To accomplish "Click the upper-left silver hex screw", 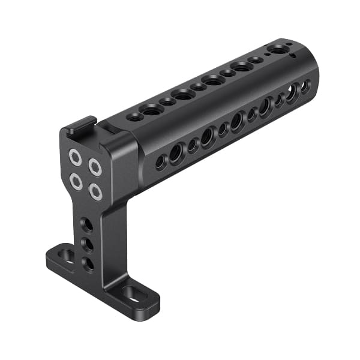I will [x=75, y=157].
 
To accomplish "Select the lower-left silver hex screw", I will [x=75, y=179].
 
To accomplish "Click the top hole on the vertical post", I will [x=86, y=225].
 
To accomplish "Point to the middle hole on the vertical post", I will [x=86, y=245].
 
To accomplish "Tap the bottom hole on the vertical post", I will [x=88, y=263].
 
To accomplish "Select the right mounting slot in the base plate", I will [x=132, y=292].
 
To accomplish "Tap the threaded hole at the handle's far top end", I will [x=278, y=50].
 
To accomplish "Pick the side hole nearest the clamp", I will [x=160, y=161].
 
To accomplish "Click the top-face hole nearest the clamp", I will [x=136, y=116].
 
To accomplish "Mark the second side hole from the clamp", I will [x=176, y=154].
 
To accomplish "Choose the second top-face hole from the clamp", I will [x=151, y=109].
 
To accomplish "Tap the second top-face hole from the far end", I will [x=256, y=60].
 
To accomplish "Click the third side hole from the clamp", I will [x=193, y=145].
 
